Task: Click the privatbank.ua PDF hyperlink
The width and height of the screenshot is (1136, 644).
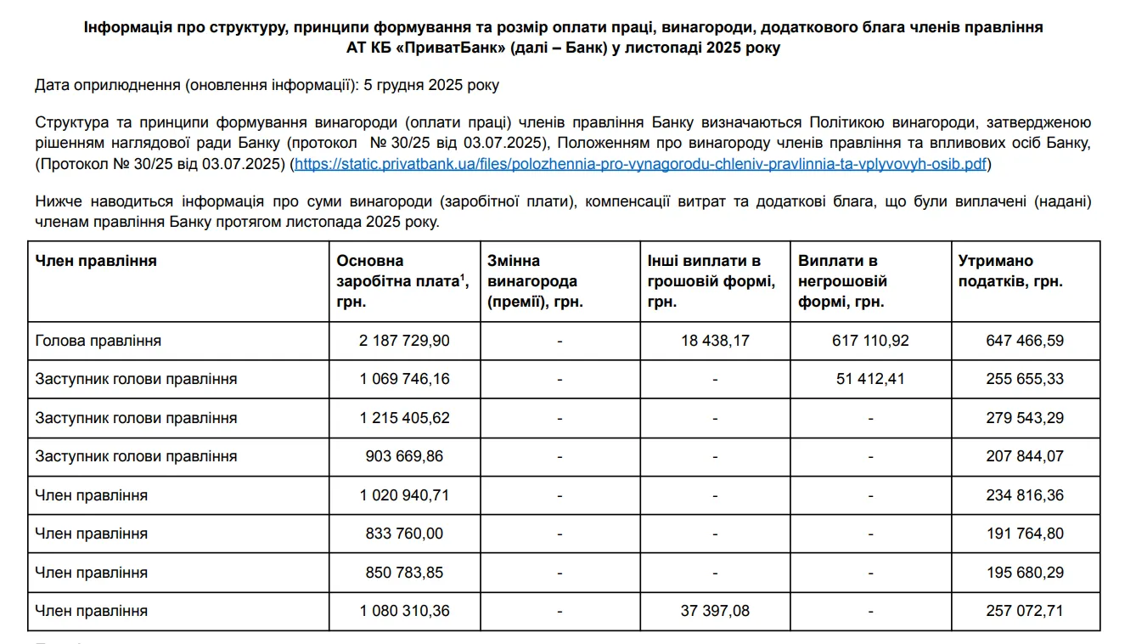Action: point(640,164)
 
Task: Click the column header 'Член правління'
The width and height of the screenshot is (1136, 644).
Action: point(96,261)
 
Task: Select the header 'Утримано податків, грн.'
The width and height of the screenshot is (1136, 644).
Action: point(1010,271)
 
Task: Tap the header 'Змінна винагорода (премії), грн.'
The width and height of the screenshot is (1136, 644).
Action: point(535,280)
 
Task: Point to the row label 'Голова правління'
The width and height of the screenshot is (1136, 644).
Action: point(98,341)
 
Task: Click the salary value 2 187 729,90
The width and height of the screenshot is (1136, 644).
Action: point(405,341)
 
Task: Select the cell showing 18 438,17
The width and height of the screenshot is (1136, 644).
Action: point(715,341)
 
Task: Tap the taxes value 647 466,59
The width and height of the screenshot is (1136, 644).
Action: point(1025,341)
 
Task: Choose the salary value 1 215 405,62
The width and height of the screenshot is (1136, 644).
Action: point(405,418)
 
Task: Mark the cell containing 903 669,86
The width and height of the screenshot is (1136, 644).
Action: point(405,456)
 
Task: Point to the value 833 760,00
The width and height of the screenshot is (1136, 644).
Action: point(405,534)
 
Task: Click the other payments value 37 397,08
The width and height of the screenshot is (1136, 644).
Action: point(715,611)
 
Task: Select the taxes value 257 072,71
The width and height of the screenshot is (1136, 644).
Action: point(1025,611)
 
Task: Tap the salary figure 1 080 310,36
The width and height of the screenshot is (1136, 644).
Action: point(405,611)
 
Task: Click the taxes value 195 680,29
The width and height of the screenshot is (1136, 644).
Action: point(1025,573)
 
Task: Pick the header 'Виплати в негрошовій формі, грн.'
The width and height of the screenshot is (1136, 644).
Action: point(843,280)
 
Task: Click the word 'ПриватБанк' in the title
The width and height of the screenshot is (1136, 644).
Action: point(459,48)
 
